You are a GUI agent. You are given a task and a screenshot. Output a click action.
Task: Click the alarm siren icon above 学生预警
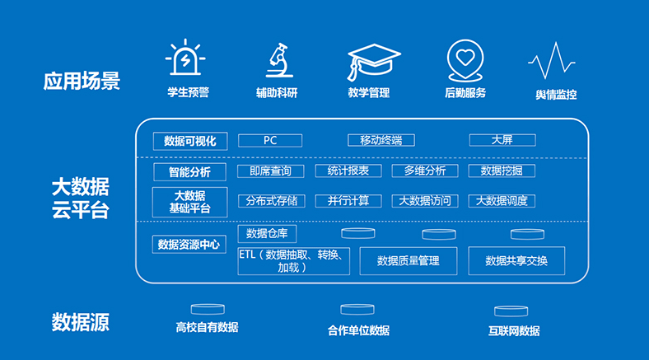click(185, 58)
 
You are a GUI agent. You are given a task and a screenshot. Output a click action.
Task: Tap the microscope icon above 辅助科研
click(279, 60)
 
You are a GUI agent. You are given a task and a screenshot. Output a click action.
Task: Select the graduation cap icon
click(373, 62)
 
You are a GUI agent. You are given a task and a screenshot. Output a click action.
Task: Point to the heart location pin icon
click(465, 60)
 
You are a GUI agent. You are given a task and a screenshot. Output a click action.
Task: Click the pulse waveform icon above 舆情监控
click(551, 60)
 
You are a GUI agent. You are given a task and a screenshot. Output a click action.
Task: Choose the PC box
click(270, 141)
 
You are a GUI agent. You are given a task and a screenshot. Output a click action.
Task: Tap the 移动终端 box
click(381, 140)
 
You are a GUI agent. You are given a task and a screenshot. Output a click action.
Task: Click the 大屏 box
click(502, 140)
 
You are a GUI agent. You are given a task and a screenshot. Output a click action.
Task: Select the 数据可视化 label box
click(190, 141)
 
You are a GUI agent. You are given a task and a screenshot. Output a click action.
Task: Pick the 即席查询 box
click(271, 171)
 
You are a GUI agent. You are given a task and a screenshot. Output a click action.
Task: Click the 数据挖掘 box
click(502, 171)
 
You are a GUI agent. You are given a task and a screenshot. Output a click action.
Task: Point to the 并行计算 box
click(348, 201)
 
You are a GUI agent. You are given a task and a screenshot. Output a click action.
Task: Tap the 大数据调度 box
click(502, 201)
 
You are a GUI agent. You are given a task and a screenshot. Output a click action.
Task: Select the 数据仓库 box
click(267, 234)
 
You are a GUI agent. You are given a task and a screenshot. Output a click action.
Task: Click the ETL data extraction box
click(293, 261)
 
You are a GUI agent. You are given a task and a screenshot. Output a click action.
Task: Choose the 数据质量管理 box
click(409, 261)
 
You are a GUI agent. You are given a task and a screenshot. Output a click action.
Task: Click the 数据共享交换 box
click(516, 260)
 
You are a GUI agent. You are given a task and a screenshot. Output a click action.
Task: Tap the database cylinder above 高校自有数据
click(208, 309)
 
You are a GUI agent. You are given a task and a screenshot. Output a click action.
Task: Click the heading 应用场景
click(82, 81)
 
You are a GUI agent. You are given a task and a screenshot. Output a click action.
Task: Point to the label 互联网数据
click(514, 331)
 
